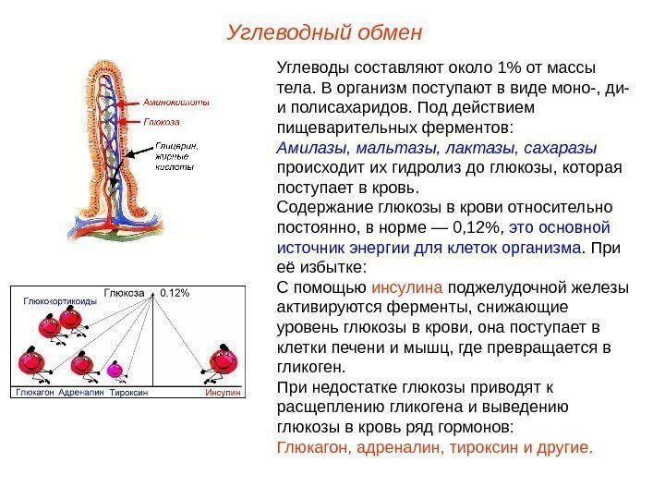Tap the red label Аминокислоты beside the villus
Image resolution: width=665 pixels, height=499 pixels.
tap(175, 103)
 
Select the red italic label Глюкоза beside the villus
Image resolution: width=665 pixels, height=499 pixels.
tap(162, 121)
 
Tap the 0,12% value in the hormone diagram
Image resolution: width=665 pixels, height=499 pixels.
tap(175, 293)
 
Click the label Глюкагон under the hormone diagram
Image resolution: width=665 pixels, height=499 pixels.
tap(33, 393)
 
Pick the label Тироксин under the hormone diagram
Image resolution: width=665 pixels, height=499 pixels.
tap(128, 393)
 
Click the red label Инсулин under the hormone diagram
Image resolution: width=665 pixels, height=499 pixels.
tap(223, 393)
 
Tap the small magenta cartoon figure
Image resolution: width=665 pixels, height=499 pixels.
tap(116, 369)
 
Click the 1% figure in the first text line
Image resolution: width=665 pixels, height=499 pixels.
tap(509, 67)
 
